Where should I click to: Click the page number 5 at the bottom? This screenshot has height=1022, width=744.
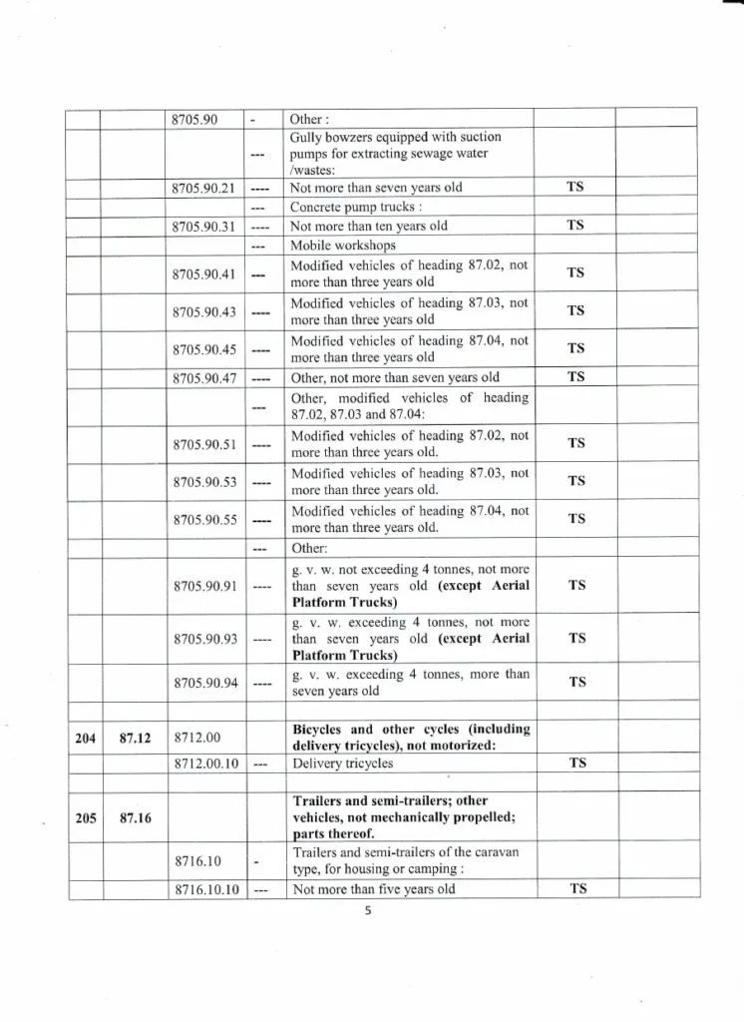click(367, 910)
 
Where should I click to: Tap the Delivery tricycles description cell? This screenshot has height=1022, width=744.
click(341, 764)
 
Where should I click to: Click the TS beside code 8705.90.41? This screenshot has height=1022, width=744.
click(575, 272)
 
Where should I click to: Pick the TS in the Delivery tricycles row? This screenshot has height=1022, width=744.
click(575, 764)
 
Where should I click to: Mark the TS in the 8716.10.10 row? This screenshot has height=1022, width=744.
click(575, 888)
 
